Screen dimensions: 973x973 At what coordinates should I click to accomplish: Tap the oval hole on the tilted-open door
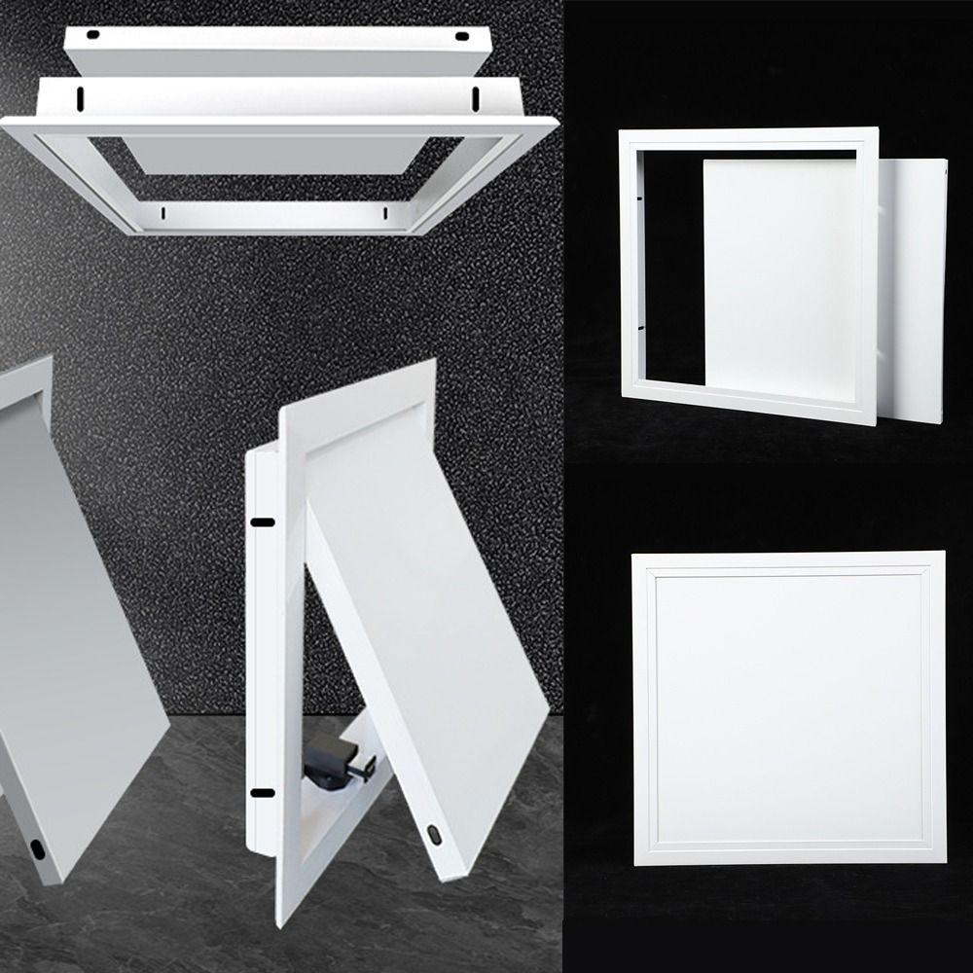(433, 833)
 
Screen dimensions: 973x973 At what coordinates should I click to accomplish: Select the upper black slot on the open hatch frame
(260, 523)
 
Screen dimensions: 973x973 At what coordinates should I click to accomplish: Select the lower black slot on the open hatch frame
(259, 793)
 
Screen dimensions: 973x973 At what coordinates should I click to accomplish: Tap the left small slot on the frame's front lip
(164, 211)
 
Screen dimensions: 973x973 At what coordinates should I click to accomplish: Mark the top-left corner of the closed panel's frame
(635, 557)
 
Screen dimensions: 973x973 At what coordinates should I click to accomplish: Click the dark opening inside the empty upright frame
(671, 263)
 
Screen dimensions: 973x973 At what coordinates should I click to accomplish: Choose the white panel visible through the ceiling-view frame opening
(282, 156)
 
